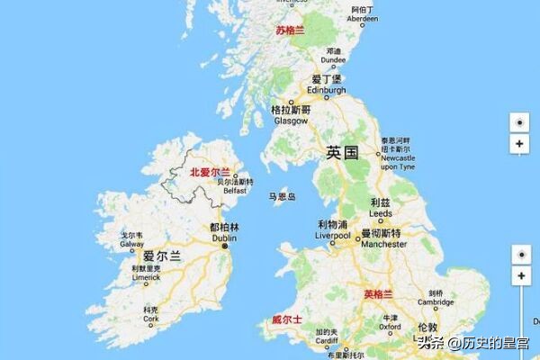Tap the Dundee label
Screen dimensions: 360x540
tap(334, 59)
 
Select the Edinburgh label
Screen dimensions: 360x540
tap(327, 91)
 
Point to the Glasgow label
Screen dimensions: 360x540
tap(290, 120)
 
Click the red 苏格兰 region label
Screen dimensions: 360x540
tap(290, 30)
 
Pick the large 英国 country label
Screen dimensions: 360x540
tap(342, 152)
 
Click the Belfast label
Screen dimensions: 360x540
tap(235, 191)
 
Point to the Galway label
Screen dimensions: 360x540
tap(132, 244)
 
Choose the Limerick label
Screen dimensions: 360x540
tap(145, 277)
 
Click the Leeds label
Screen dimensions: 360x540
tap(381, 214)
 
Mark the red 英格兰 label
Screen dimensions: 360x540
tap(379, 294)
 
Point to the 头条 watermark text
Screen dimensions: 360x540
tap(430, 342)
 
